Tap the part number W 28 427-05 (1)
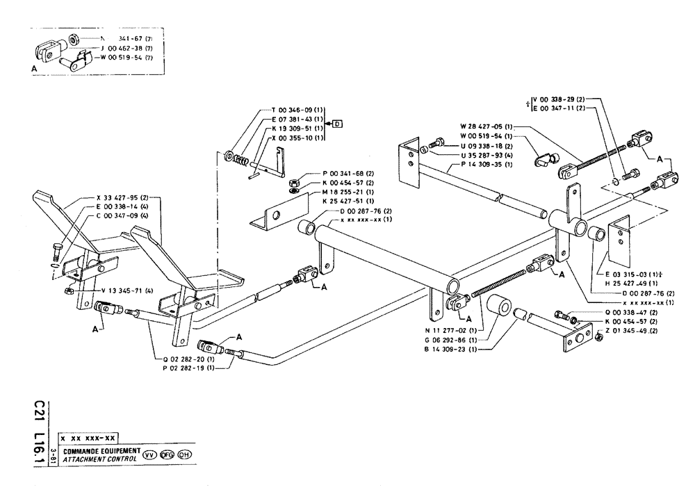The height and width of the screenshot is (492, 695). [x=486, y=126]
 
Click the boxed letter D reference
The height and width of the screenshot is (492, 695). [x=338, y=124]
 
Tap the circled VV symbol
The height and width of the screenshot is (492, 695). [x=149, y=455]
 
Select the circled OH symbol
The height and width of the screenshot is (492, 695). [x=184, y=455]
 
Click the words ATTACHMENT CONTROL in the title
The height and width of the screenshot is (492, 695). [x=99, y=460]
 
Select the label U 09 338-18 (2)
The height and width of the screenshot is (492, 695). [x=486, y=146]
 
